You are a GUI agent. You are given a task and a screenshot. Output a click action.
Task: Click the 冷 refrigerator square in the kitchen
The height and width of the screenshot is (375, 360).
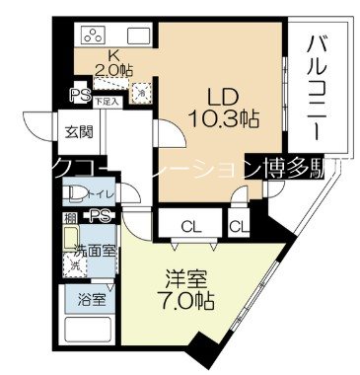pyautogui.click(x=144, y=95)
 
